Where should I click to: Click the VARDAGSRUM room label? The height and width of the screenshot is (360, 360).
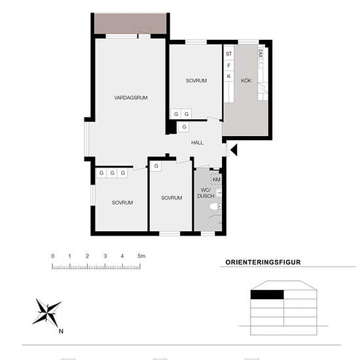[130, 98]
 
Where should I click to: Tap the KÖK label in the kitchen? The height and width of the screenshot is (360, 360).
[246, 81]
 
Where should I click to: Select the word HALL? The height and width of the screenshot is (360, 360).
[197, 142]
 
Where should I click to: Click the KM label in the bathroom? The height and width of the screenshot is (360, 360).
[216, 179]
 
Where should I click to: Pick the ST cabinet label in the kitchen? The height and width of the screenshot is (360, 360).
[229, 54]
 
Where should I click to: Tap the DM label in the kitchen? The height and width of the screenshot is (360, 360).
[260, 52]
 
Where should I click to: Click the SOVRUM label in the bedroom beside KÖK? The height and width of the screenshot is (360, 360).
[196, 81]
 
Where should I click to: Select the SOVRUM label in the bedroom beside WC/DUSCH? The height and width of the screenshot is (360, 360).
[171, 198]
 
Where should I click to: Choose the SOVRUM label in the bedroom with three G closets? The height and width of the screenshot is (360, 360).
[122, 203]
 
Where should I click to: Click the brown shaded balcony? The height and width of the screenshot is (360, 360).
[129, 24]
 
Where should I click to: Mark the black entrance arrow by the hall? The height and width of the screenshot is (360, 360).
[233, 151]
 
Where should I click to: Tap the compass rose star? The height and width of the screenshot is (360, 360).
[47, 311]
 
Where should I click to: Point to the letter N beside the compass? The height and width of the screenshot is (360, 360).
[61, 331]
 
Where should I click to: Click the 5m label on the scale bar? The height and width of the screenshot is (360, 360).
[141, 255]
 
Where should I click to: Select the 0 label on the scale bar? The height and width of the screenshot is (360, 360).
[52, 255]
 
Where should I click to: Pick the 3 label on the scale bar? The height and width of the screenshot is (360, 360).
[105, 255]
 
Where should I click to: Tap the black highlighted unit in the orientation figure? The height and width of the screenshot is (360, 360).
[267, 295]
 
